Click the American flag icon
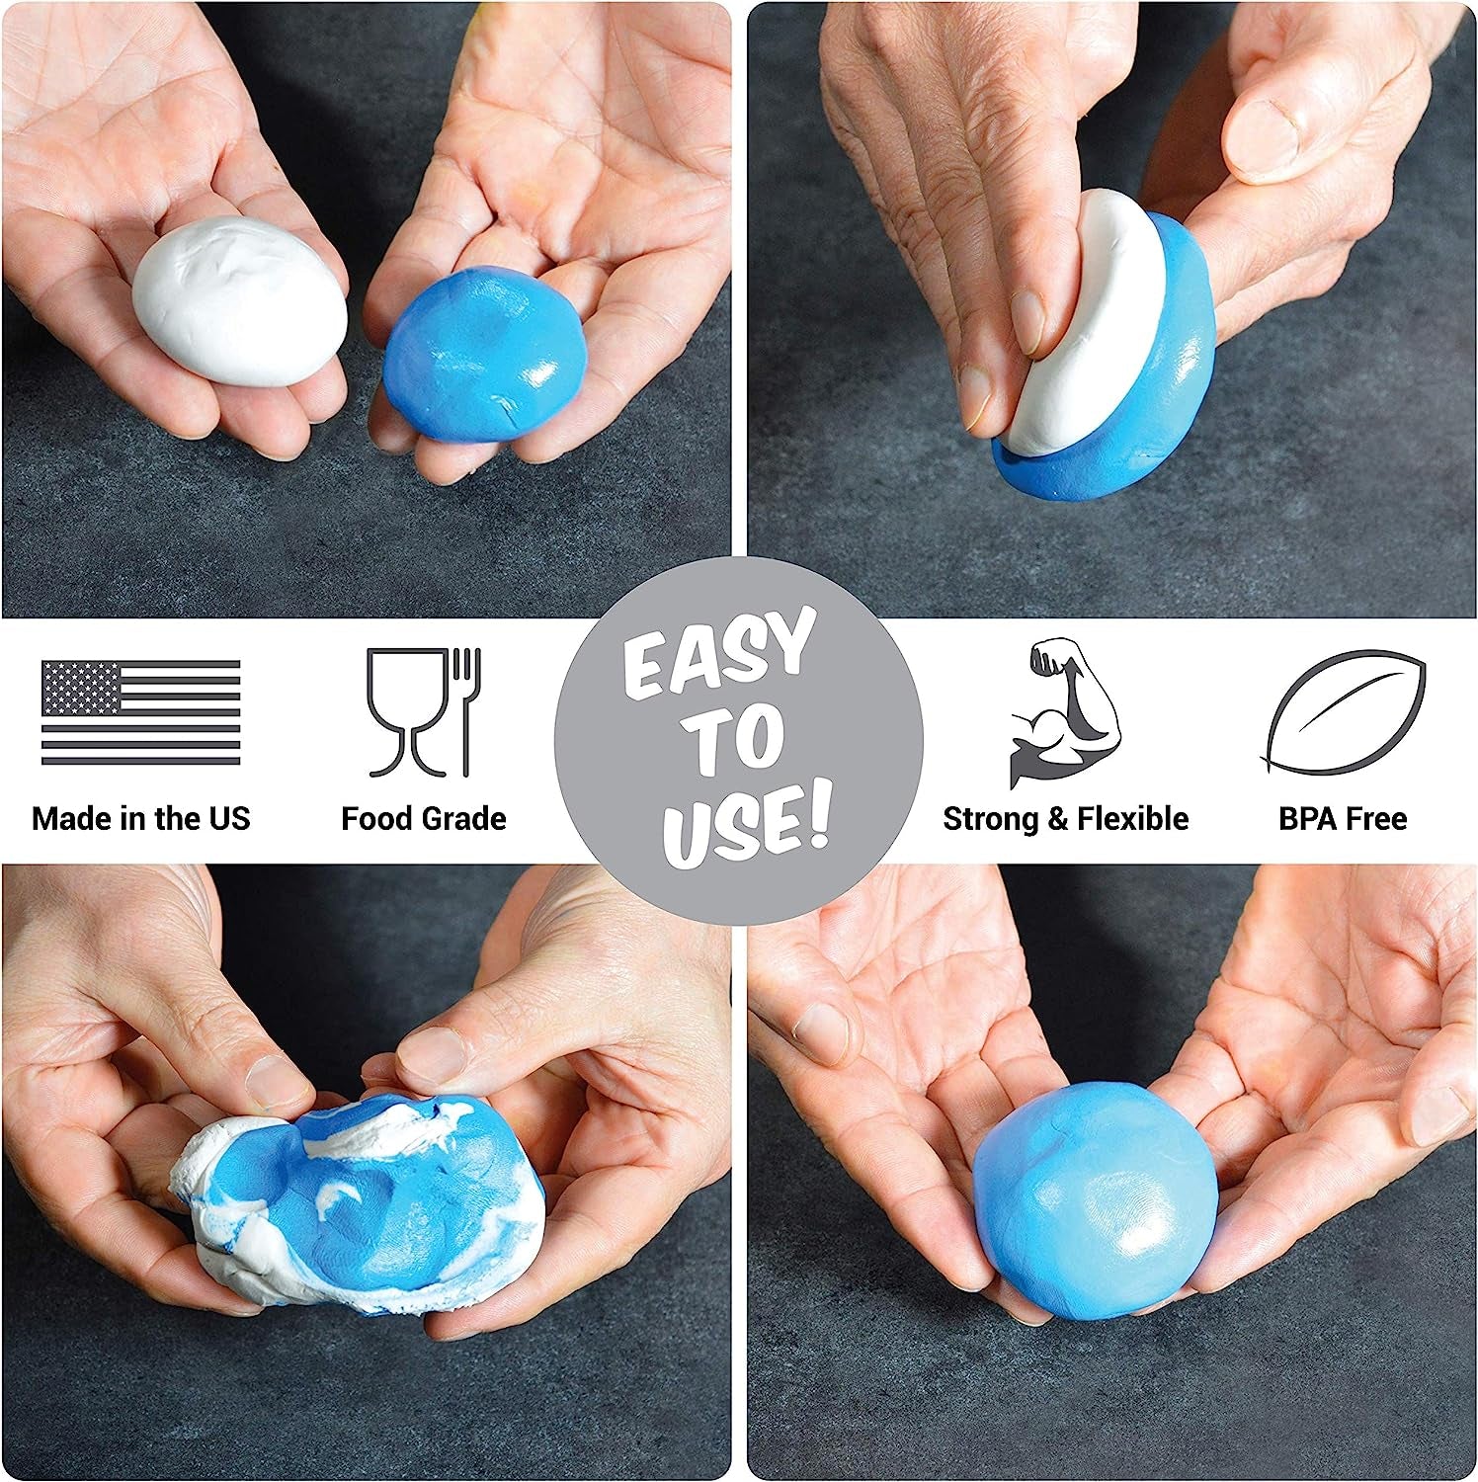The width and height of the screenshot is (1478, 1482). click(140, 712)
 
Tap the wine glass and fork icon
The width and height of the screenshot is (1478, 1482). click(424, 711)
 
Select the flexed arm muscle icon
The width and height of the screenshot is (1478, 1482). click(1063, 712)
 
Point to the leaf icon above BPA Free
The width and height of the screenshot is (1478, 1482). click(1343, 711)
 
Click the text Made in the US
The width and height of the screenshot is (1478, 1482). click(141, 818)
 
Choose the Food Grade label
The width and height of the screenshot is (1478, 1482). click(424, 818)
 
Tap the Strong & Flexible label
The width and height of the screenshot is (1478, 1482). click(1065, 818)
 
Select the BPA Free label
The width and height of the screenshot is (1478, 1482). click(1343, 818)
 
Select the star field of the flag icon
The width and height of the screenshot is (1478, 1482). click(80, 688)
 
